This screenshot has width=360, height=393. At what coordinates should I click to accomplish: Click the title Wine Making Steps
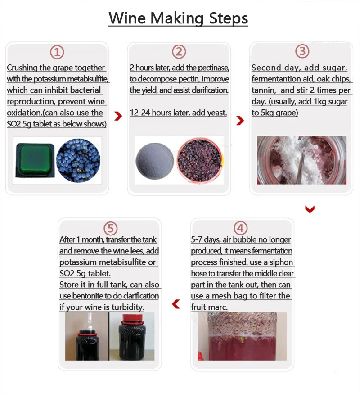(x=178, y=19)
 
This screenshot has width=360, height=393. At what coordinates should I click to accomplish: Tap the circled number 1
(x=57, y=52)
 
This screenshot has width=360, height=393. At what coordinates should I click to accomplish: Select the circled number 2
(x=179, y=52)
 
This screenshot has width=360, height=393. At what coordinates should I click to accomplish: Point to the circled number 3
(x=302, y=51)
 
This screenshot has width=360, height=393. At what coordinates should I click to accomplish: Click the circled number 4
(x=240, y=228)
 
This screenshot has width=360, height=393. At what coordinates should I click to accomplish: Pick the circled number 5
(x=111, y=228)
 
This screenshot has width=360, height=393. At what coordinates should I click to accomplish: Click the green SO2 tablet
(x=35, y=160)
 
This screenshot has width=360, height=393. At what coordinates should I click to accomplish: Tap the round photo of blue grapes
(x=78, y=160)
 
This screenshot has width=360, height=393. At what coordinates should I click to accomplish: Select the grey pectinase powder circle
(x=155, y=161)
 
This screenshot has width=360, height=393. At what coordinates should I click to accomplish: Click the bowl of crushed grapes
(x=200, y=160)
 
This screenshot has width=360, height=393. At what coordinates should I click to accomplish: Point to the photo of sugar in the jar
(x=302, y=160)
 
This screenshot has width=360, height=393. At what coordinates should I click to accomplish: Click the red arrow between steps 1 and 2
(x=118, y=116)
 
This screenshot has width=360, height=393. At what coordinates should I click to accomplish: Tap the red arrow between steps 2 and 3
(x=240, y=121)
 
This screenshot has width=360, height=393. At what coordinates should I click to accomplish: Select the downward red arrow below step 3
(x=310, y=209)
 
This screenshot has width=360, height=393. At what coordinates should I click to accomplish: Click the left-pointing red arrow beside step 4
(x=176, y=304)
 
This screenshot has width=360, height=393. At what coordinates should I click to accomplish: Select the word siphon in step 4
(x=281, y=262)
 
